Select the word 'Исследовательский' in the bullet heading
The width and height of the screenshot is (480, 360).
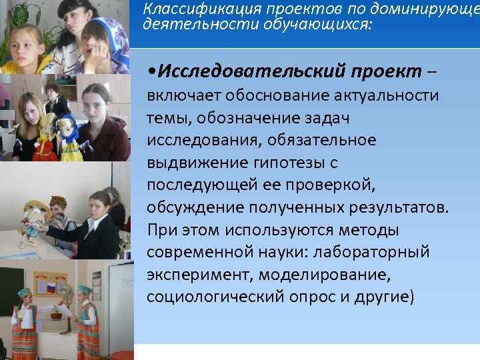(x=226, y=71)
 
